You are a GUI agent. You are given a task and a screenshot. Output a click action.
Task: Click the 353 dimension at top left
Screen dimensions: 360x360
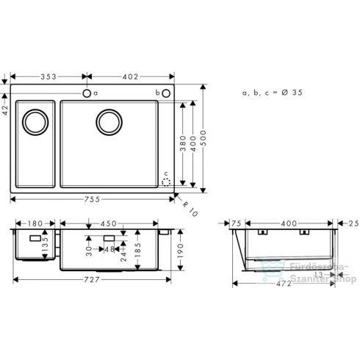point(50,76)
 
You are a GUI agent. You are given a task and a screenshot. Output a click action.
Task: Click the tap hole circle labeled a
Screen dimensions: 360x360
point(87,93)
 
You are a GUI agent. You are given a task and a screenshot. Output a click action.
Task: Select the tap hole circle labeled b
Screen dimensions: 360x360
point(166,93)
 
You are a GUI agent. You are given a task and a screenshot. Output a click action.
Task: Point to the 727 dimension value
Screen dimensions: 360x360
point(92,280)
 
